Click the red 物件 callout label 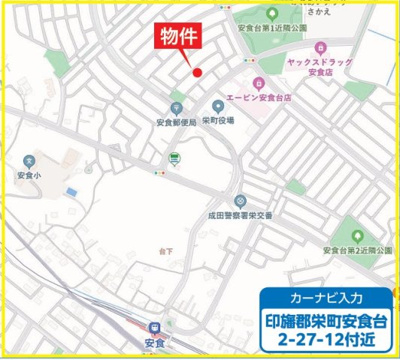coord(181,38)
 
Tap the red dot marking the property coord(198,72)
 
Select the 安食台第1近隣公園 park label coord(272,28)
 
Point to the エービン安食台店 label coord(259,99)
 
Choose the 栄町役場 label coord(218,119)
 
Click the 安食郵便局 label coord(175,122)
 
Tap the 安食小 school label coord(29,173)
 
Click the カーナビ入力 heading coord(326,299)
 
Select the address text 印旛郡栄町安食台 coord(326,321)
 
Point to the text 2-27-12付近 coord(326,342)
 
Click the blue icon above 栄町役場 coord(218,105)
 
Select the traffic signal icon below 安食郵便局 coord(175,158)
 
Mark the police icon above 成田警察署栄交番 coord(239,200)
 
